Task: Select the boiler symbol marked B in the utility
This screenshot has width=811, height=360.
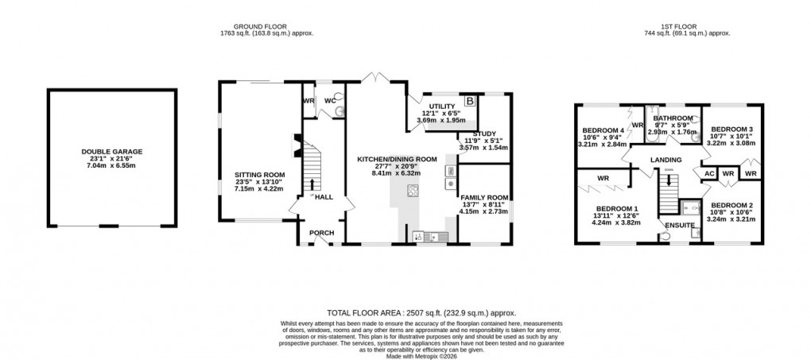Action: tap(469, 101)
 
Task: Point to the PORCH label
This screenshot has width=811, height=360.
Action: tap(322, 233)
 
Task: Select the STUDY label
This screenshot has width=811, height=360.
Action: tap(484, 134)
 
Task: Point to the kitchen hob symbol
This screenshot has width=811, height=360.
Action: tap(413, 191)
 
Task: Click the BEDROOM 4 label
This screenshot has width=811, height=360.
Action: tap(603, 130)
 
